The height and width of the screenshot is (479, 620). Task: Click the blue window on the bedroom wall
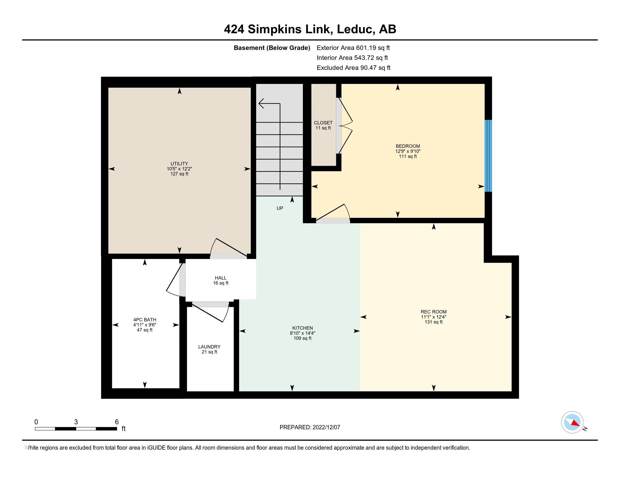488,156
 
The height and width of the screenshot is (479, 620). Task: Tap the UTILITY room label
179,164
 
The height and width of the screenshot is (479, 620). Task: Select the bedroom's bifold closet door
345,126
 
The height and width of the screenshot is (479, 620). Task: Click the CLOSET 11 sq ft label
323,125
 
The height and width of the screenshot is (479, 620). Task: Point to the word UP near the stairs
280,208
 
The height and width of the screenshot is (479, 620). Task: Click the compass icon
572,422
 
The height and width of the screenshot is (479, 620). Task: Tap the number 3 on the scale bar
76,422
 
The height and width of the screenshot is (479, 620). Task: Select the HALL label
221,278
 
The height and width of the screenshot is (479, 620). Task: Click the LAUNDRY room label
209,347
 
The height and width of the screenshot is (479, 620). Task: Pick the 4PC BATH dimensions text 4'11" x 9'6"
145,325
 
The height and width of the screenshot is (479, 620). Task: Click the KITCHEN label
302,328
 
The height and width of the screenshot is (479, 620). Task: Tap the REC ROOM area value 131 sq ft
433,322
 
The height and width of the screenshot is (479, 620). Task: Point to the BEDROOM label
408,147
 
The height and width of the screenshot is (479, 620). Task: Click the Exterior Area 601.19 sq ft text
353,48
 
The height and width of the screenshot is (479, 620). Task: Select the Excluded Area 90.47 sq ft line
353,68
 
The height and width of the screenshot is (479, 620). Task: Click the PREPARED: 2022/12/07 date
310,427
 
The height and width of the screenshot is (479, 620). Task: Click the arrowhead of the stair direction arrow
262,104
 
